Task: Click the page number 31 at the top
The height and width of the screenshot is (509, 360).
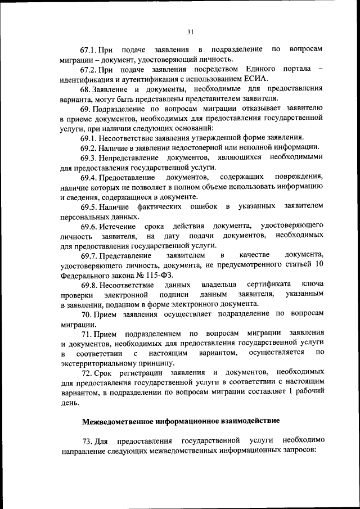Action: (190, 33)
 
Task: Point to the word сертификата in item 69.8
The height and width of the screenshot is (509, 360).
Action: (269, 285)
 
